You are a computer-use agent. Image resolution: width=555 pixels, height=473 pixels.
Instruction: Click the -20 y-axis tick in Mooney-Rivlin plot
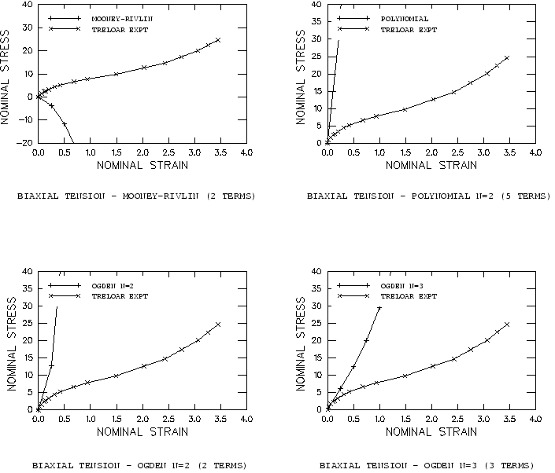pyautogui.click(x=27, y=143)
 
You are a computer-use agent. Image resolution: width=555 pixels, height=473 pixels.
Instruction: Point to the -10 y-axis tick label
pyautogui.click(x=27, y=120)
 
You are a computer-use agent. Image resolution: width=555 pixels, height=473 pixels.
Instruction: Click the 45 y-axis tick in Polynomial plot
pyautogui.click(x=316, y=5)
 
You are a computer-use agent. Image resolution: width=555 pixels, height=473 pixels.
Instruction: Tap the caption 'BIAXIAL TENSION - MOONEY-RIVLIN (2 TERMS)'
pyautogui.click(x=136, y=195)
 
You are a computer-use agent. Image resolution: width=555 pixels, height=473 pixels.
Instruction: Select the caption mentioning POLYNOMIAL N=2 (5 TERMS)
pyautogui.click(x=428, y=195)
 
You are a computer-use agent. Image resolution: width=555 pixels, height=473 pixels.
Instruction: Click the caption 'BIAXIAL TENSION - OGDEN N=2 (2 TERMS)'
pyautogui.click(x=136, y=464)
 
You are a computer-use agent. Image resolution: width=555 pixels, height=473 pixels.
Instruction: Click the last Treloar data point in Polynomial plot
pyautogui.click(x=507, y=57)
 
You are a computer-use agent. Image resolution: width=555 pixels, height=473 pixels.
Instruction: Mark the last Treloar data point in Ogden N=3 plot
pyautogui.click(x=507, y=324)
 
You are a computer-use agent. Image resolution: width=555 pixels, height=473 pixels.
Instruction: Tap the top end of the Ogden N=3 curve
pyautogui.click(x=379, y=307)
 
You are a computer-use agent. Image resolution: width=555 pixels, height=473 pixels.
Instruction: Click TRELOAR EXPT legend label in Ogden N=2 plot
pyautogui.click(x=119, y=296)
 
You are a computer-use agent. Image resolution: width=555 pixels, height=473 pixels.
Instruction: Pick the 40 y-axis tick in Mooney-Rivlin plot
pyautogui.click(x=28, y=5)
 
